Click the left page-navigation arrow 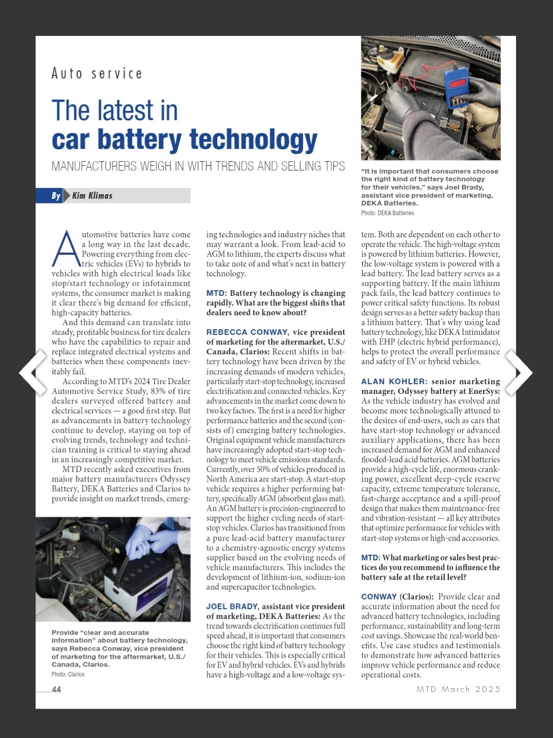tap(32, 372)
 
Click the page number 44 tap(56, 689)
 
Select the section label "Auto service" tap(97, 74)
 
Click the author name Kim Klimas tap(92, 196)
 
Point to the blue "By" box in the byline tap(55, 196)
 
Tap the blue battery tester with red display tap(456, 88)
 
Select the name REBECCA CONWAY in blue tap(247, 332)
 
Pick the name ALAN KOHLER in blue tap(394, 382)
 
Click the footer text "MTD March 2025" tap(458, 689)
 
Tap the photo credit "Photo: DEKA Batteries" tap(387, 213)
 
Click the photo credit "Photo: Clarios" tap(68, 674)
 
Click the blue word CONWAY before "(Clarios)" tap(379, 597)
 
